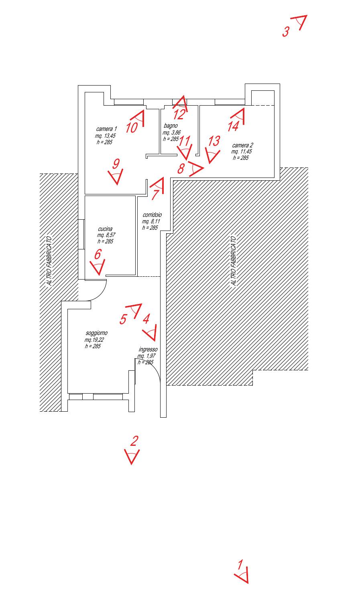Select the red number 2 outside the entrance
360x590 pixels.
(x=134, y=441)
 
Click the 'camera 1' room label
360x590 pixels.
(x=106, y=129)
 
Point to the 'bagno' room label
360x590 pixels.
(x=171, y=126)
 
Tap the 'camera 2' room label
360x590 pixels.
(x=242, y=145)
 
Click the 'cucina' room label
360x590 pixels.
(x=105, y=229)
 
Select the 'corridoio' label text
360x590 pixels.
(x=152, y=215)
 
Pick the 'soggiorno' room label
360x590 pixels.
(x=97, y=333)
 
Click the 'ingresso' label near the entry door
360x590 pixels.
(x=148, y=349)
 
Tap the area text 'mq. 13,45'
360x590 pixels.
(x=105, y=136)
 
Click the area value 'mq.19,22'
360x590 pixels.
(x=94, y=340)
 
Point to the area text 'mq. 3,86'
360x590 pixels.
(x=172, y=133)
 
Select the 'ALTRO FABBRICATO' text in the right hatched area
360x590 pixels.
(x=233, y=261)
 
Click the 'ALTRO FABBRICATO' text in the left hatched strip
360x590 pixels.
(x=49, y=261)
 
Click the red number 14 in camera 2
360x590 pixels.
(x=233, y=126)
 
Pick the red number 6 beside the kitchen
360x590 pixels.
(x=98, y=254)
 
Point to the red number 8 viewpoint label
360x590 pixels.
(x=181, y=169)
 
